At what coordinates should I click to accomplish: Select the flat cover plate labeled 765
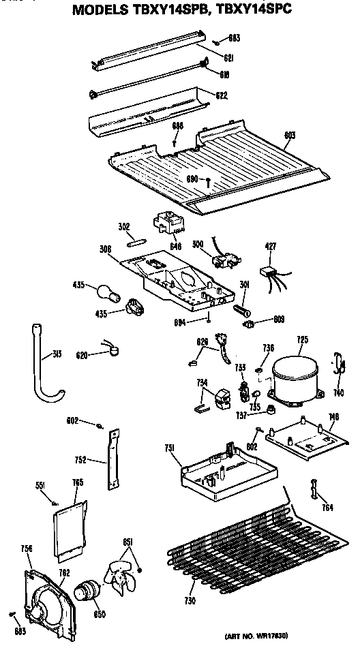coord(70,525)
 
